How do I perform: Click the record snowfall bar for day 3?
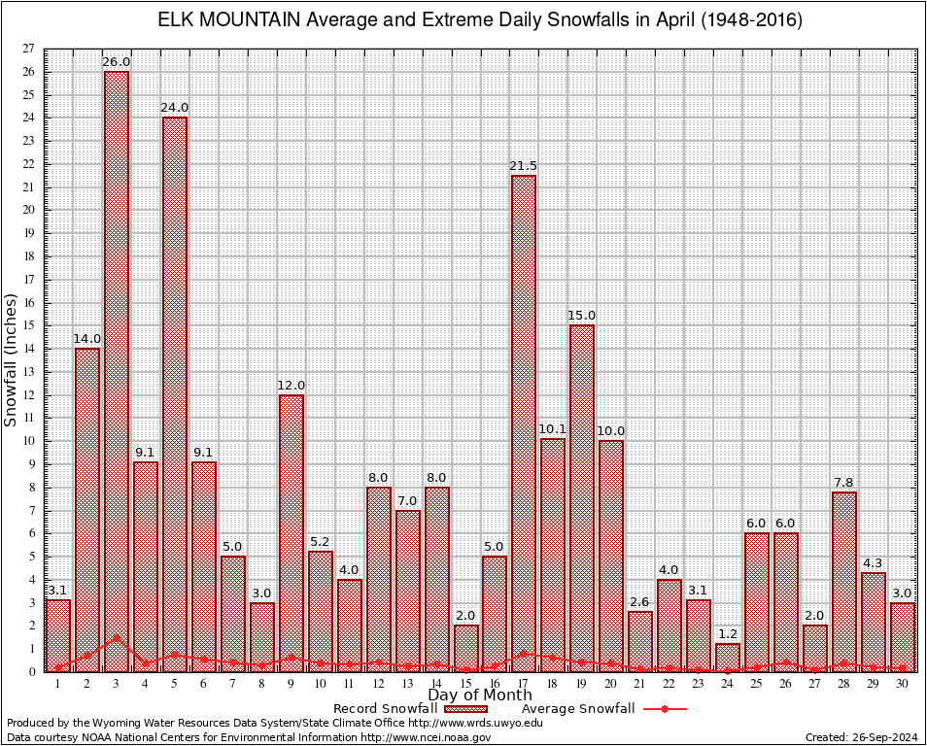(x=117, y=369)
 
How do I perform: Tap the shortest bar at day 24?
(x=728, y=657)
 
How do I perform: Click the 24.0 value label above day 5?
(x=175, y=108)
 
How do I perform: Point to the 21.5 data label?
(x=524, y=166)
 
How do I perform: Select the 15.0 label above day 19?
(x=582, y=316)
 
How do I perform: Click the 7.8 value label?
(x=844, y=483)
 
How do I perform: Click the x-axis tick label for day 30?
(x=903, y=684)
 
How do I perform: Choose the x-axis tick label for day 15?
(x=465, y=684)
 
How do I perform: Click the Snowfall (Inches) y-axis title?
(x=12, y=359)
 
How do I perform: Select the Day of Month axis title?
(x=479, y=695)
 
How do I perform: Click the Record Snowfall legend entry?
(x=385, y=709)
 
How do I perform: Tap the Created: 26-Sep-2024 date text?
(x=862, y=737)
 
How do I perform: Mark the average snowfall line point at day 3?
(x=117, y=638)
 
